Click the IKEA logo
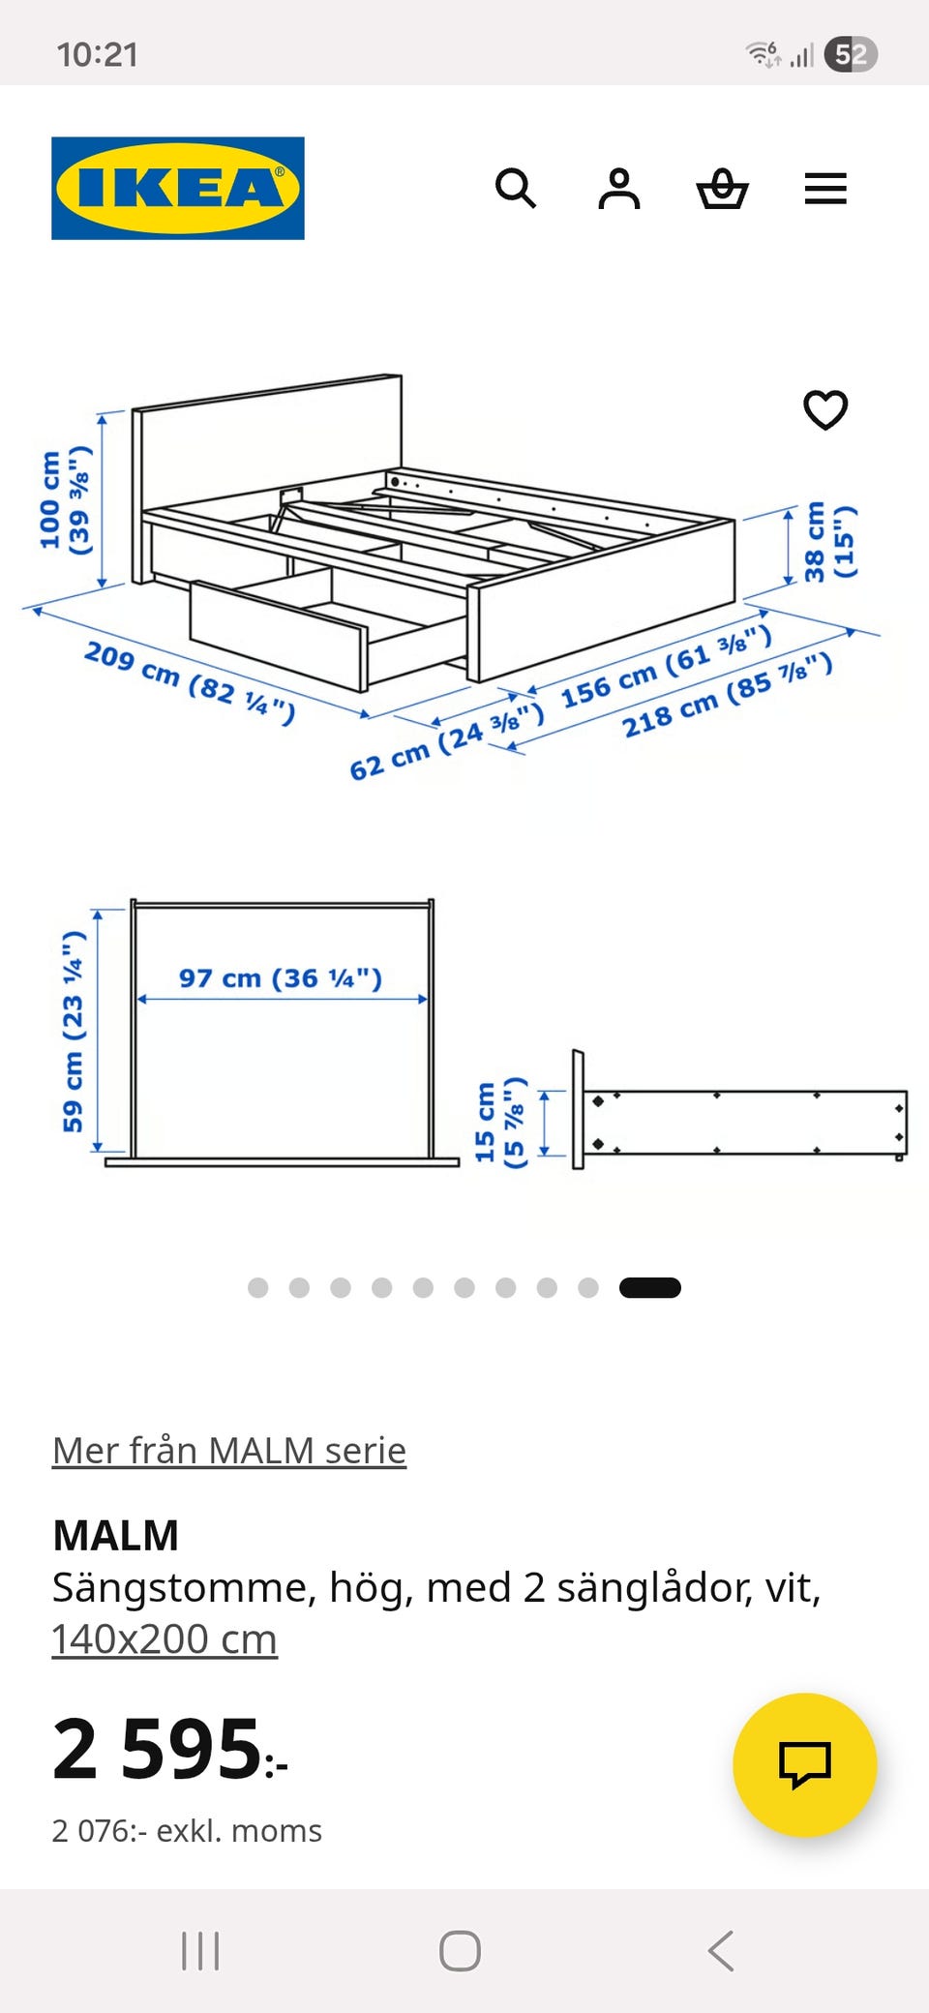[178, 188]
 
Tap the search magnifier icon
[516, 188]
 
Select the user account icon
[619, 188]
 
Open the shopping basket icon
[723, 188]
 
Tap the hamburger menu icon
[825, 188]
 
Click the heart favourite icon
[825, 409]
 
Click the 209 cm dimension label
[190, 682]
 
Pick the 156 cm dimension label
[667, 666]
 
